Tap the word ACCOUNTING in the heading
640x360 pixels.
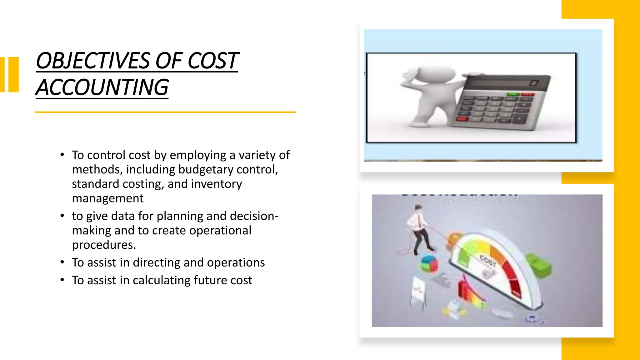tap(102, 87)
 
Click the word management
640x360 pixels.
tap(107, 198)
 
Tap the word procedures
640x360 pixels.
tap(104, 245)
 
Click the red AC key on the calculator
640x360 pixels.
tap(461, 119)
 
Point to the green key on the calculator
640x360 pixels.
tap(512, 94)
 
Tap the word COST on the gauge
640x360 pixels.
tap(488, 261)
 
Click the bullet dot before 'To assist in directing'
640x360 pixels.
tap(62, 262)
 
